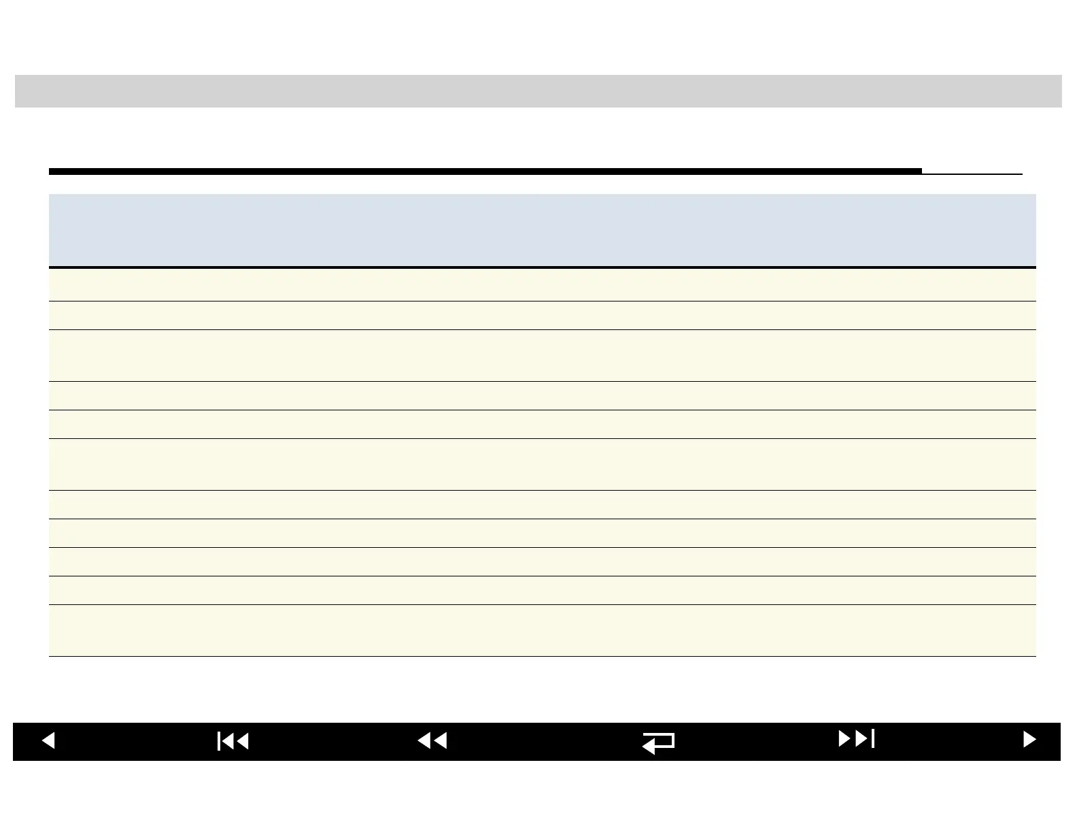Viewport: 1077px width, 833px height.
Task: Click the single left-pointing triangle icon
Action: (x=48, y=740)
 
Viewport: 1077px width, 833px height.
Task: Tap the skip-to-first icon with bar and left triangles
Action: (x=233, y=740)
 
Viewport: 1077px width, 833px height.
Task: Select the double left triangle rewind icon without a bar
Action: (x=432, y=740)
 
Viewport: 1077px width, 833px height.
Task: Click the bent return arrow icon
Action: (x=658, y=742)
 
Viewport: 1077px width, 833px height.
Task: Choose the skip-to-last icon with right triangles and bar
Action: (x=856, y=738)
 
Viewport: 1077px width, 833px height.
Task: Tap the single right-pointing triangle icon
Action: (x=1029, y=740)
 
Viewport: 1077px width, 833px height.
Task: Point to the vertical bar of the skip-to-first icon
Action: (x=219, y=740)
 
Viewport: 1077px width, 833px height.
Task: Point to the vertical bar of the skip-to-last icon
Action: (x=872, y=738)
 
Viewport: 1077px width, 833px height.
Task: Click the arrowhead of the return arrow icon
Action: (x=648, y=747)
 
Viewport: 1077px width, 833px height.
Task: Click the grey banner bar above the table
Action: (x=538, y=91)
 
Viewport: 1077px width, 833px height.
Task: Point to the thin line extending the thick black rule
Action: (x=972, y=174)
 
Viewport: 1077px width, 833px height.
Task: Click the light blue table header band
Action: (x=542, y=230)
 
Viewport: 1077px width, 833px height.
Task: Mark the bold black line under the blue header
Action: (x=542, y=267)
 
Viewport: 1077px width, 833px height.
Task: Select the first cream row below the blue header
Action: (x=542, y=285)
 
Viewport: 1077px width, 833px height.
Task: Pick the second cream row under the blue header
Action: (x=542, y=316)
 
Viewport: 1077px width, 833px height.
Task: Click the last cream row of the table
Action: (x=542, y=631)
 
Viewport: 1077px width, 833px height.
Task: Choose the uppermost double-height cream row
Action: (x=542, y=356)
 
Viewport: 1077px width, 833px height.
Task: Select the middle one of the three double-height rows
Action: (x=542, y=465)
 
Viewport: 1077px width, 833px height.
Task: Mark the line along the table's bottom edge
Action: (x=542, y=657)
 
